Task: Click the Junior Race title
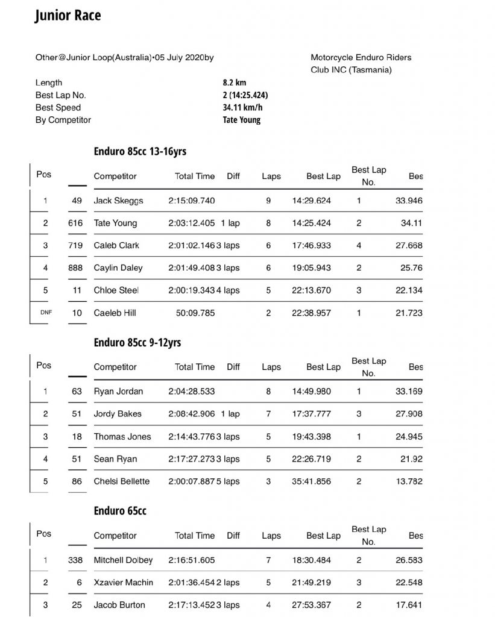click(68, 16)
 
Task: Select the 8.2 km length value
click(235, 83)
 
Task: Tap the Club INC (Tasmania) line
click(351, 70)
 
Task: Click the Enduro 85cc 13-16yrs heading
click(144, 151)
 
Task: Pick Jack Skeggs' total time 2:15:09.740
click(192, 201)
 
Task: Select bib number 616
click(77, 223)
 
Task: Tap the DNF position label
click(44, 313)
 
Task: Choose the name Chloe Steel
click(116, 290)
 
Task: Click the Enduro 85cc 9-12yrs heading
click(137, 342)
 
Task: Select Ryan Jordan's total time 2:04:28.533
click(192, 392)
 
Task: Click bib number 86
click(77, 481)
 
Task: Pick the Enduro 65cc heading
click(120, 511)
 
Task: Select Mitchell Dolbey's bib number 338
click(77, 560)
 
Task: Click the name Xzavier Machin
click(124, 583)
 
